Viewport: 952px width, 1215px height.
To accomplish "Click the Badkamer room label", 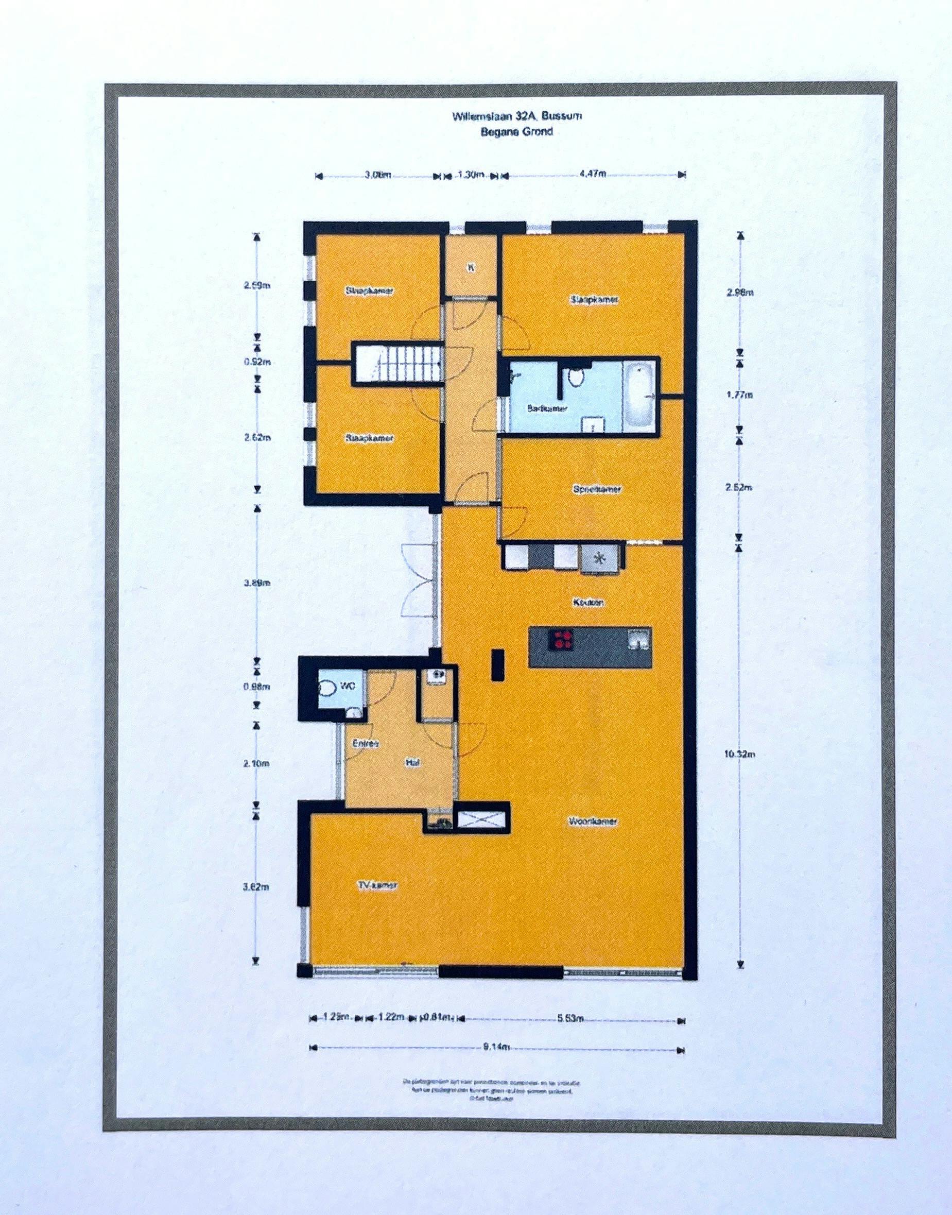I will [547, 409].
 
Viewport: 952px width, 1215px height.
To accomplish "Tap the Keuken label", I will [588, 603].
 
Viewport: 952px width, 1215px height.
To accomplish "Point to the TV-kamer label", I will [377, 885].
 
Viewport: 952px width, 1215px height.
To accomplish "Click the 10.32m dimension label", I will [740, 755].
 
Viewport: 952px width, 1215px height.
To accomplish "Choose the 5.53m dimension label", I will [570, 1019].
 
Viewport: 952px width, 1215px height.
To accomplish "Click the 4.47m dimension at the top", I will [592, 174].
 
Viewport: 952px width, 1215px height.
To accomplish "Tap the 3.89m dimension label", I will [257, 583].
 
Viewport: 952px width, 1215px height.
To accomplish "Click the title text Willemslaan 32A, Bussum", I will [517, 116].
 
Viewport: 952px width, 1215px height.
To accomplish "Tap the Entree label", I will [366, 744].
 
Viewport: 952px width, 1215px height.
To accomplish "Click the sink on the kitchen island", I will [639, 639].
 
